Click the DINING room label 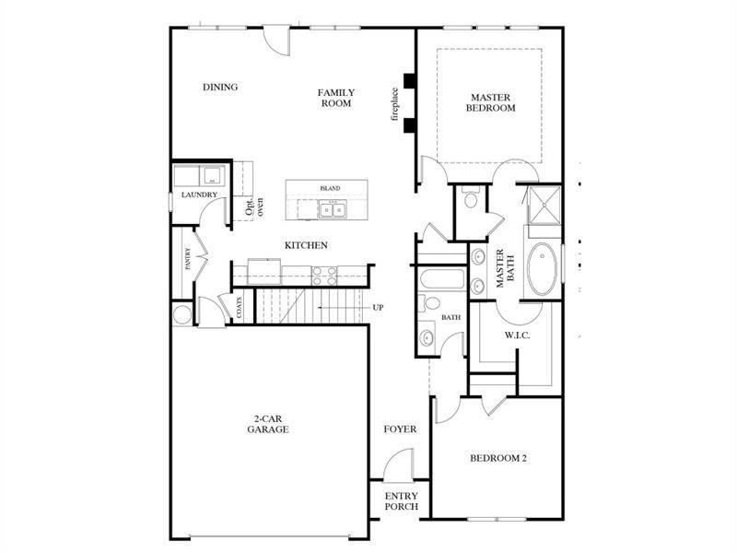pyautogui.click(x=220, y=88)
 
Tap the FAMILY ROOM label pyautogui.click(x=336, y=98)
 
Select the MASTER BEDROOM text pyautogui.click(x=493, y=102)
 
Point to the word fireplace pyautogui.click(x=393, y=104)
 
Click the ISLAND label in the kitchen pyautogui.click(x=330, y=188)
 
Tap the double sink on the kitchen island pyautogui.click(x=333, y=210)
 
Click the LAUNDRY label pyautogui.click(x=199, y=195)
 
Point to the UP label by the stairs pyautogui.click(x=379, y=308)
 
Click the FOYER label pyautogui.click(x=401, y=429)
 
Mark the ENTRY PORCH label pyautogui.click(x=401, y=502)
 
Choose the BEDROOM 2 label pyautogui.click(x=497, y=458)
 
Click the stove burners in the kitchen pyautogui.click(x=324, y=273)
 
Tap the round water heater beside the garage pyautogui.click(x=181, y=314)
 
